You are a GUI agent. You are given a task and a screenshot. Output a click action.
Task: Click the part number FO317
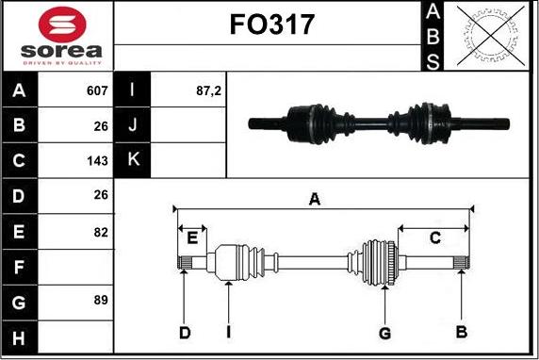(x=272, y=25)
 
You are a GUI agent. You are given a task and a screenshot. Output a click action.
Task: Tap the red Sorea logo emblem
(x=62, y=25)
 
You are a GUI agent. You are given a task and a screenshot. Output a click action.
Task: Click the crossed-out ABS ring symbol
(x=491, y=36)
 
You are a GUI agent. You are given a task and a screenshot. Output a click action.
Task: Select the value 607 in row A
(x=97, y=90)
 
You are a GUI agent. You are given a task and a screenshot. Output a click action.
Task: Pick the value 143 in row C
(x=97, y=160)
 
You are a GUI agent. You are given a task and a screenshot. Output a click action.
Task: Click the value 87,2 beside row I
(x=208, y=90)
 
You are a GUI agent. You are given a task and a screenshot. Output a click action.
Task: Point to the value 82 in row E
(x=101, y=232)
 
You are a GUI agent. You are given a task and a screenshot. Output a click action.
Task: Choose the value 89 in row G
(x=101, y=300)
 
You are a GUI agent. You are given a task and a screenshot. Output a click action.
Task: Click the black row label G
(x=19, y=303)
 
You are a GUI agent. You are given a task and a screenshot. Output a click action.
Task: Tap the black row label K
(x=133, y=160)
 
